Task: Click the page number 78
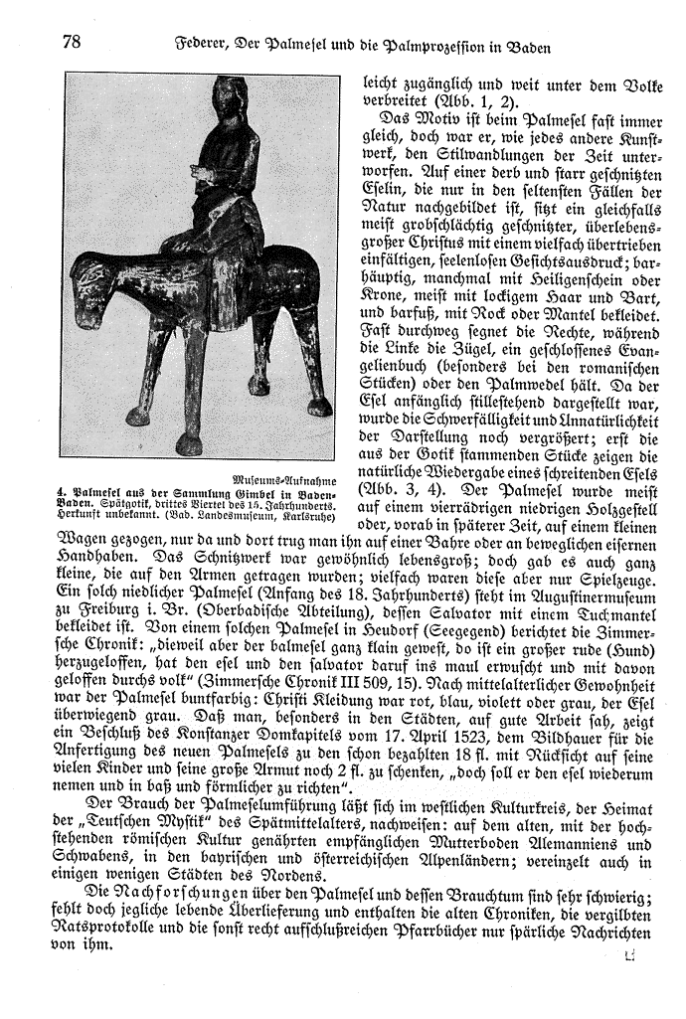(x=71, y=42)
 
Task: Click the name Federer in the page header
(x=204, y=45)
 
